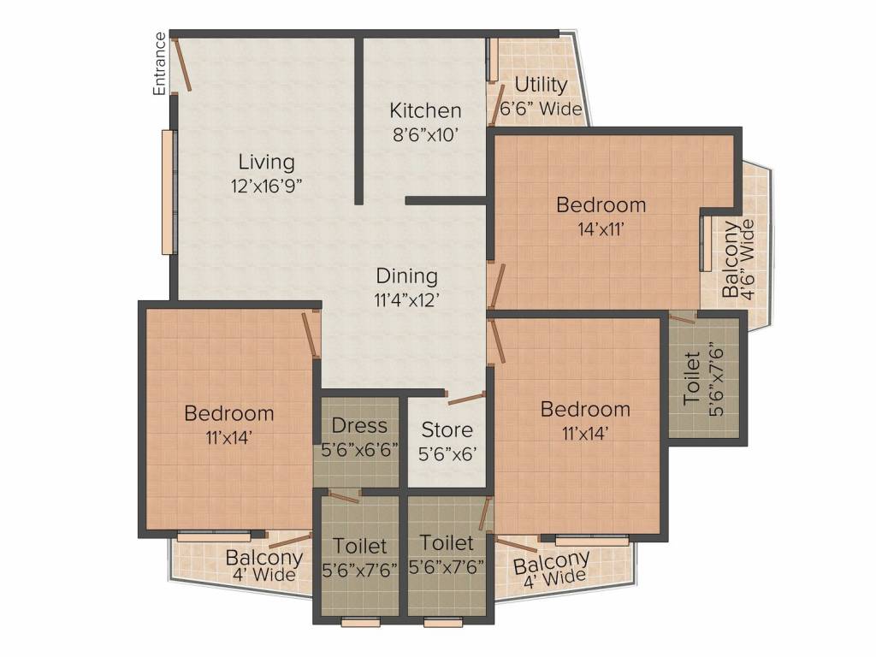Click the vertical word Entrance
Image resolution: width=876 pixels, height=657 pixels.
tap(159, 63)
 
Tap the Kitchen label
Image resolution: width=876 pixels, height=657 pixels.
tap(425, 110)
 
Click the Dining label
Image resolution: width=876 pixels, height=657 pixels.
tap(406, 276)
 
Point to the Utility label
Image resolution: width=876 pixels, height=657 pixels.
tap(540, 85)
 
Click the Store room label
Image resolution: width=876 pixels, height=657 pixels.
tap(447, 430)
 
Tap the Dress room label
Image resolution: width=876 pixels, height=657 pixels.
tap(359, 425)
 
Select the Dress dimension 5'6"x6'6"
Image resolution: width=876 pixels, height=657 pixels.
tap(359, 450)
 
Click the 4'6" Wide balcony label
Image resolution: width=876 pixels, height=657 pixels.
tap(749, 257)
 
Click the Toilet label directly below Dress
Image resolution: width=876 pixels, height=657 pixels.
tap(359, 545)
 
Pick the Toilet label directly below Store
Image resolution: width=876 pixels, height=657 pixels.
tap(447, 543)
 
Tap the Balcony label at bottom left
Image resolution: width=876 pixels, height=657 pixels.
tap(263, 558)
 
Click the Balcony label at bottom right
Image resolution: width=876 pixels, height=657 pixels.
tap(551, 562)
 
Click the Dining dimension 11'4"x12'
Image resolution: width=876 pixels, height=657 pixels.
tap(406, 299)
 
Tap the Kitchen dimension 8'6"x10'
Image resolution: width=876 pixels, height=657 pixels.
tap(425, 134)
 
